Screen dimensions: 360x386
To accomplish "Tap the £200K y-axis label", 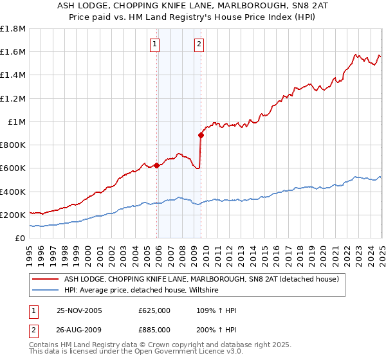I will coord(13,215).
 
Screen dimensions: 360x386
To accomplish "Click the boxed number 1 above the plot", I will coord(156,44).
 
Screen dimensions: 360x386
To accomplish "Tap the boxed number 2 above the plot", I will coord(199,44).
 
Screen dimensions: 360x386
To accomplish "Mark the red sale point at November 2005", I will coord(156,165).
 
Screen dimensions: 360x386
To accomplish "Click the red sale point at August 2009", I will coord(201,135).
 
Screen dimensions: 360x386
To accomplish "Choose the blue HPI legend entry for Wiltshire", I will coord(141,291).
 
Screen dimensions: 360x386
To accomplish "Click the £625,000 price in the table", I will coord(154,310).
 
